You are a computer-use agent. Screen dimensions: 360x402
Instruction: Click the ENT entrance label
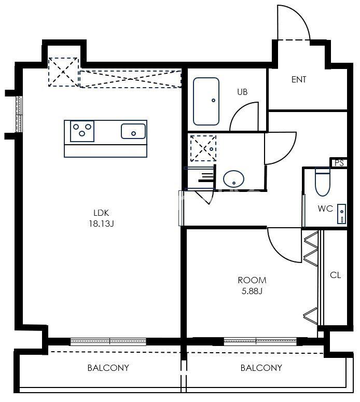299,79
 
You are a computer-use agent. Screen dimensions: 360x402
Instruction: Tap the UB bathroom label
242,92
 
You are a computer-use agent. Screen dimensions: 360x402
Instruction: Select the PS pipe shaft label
339,163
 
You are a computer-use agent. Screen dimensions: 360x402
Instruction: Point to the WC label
325,209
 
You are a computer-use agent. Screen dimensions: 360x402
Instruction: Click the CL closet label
336,275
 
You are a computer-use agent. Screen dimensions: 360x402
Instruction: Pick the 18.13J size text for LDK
101,224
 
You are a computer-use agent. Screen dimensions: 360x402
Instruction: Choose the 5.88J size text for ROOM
252,291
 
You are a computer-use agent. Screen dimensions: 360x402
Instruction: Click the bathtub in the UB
206,102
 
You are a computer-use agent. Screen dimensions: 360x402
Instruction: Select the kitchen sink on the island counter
133,131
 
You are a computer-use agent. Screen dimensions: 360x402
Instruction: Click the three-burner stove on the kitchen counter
82,131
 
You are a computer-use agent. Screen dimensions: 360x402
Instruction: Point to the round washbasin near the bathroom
233,178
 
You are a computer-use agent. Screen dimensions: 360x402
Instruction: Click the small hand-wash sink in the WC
341,214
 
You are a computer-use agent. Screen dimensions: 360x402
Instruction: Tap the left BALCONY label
108,368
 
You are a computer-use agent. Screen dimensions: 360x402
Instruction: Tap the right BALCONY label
261,368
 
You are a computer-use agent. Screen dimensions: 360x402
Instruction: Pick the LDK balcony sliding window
108,341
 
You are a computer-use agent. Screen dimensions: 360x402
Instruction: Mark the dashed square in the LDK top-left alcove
63,72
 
